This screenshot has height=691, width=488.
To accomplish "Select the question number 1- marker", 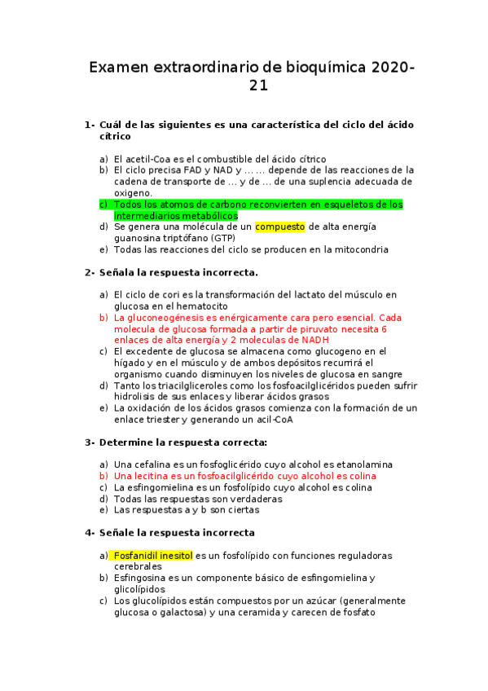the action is [x=90, y=125].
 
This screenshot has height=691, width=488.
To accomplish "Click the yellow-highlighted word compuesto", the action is [x=279, y=227].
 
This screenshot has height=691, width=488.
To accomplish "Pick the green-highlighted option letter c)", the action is [x=103, y=205].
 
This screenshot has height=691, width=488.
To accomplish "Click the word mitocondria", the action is [x=360, y=249].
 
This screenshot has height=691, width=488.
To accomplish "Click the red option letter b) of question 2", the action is [x=103, y=317].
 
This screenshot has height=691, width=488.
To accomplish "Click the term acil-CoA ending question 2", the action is [x=270, y=420].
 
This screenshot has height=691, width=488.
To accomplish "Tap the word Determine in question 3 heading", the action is [x=126, y=442].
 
